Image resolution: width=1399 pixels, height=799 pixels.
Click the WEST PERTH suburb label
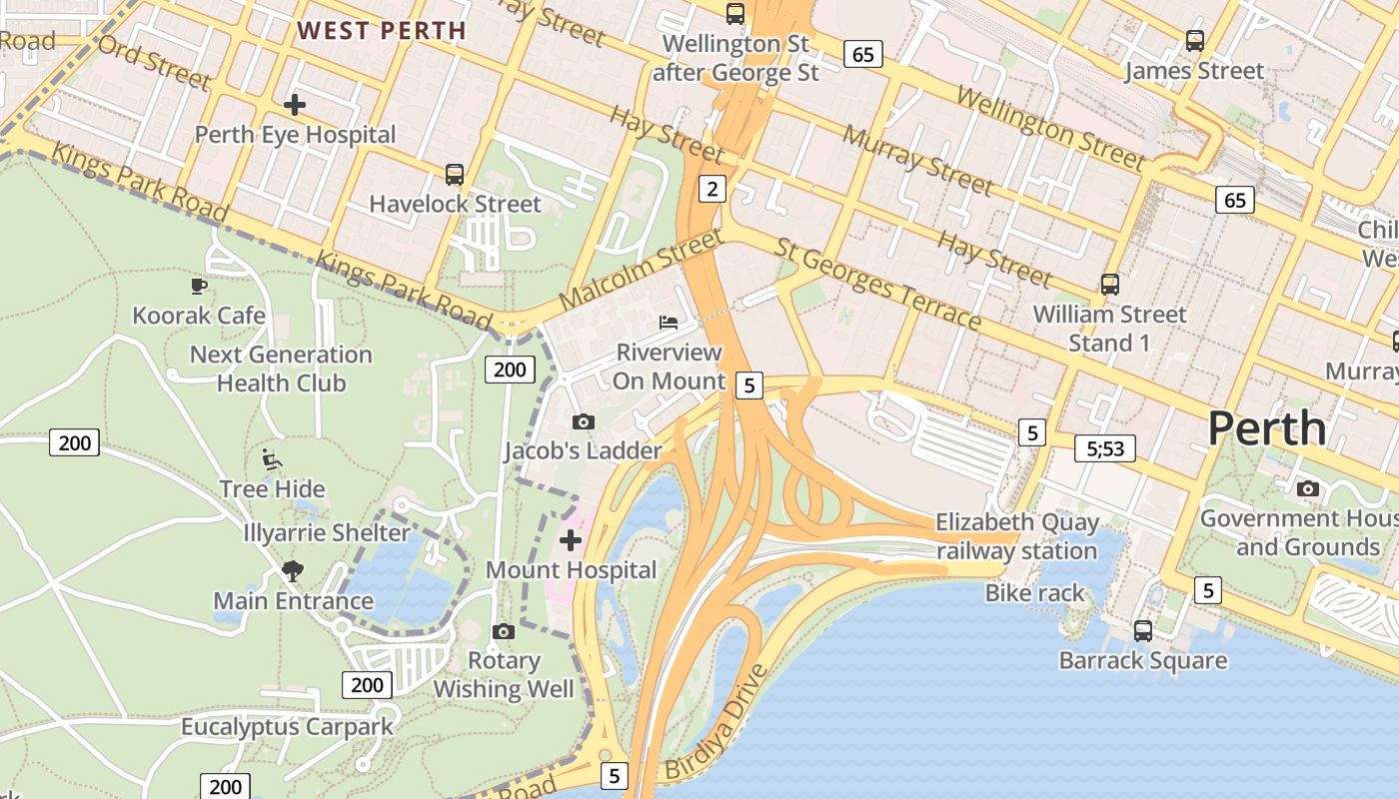point(382,30)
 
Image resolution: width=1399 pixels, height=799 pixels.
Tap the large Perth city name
point(1266,428)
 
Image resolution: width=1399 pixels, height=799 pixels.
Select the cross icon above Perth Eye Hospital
point(295,104)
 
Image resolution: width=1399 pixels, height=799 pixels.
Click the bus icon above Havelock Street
point(455,175)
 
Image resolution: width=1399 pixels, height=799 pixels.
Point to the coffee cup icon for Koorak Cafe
point(199,287)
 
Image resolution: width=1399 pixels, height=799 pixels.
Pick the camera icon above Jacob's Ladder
point(584,421)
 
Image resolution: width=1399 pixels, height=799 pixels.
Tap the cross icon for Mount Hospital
point(571,540)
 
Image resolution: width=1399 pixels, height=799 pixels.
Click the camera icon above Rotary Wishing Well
point(504,631)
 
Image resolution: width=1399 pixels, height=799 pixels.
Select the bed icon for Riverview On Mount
point(669,322)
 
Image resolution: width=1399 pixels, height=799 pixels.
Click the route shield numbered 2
point(711,188)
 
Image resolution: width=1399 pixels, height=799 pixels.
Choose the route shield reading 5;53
point(1105,448)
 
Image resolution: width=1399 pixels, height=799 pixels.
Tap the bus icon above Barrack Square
point(1143,631)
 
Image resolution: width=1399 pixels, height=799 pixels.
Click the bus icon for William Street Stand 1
point(1110,285)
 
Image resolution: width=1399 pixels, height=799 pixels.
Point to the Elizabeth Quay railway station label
point(1017,536)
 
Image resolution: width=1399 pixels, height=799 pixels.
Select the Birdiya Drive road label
point(717,722)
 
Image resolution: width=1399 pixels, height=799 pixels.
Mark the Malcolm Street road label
point(640,270)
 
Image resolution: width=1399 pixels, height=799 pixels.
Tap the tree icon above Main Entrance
point(293,571)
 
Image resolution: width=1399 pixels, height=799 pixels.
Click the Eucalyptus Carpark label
point(288,726)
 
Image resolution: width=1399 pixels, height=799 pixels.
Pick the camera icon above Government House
point(1307,488)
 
